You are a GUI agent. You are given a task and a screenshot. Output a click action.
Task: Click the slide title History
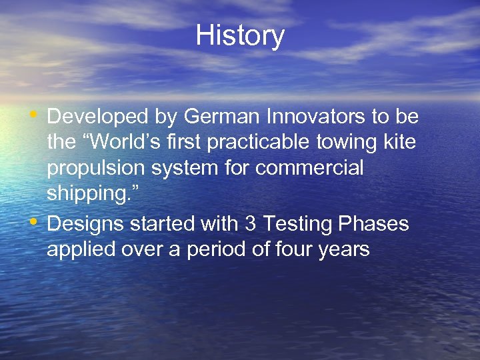click(x=240, y=36)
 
